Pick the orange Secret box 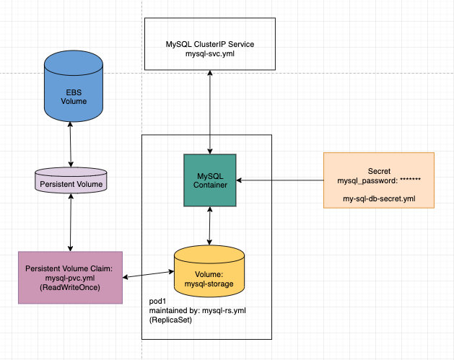tap(378, 180)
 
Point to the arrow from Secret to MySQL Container tap(281, 180)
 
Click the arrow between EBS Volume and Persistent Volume tap(70, 144)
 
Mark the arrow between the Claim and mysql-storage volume tap(148, 275)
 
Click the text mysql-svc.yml tap(209, 55)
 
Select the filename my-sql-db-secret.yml tap(379, 196)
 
